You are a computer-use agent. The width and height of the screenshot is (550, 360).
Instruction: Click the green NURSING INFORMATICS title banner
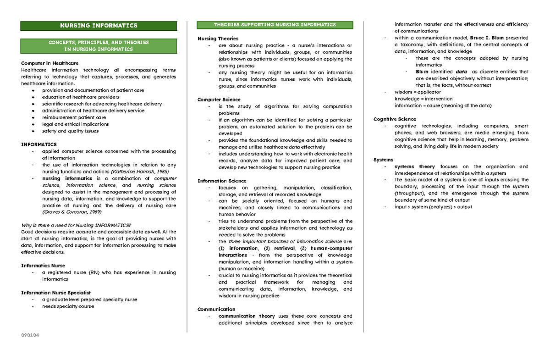point(99,26)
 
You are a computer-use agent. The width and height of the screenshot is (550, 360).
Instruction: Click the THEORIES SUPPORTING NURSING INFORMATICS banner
point(275,25)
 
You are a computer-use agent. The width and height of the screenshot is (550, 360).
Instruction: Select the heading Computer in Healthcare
point(50,63)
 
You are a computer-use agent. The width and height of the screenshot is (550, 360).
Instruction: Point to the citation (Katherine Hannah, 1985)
point(137,172)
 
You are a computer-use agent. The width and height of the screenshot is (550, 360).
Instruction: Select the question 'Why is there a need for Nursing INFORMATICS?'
point(76,225)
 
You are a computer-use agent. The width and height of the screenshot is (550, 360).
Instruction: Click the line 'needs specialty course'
point(68,306)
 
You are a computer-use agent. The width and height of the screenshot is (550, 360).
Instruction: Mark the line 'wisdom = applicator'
point(418,92)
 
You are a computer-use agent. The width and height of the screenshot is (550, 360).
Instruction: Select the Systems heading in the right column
point(384,160)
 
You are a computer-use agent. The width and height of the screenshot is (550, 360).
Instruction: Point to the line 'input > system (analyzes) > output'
point(433,207)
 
